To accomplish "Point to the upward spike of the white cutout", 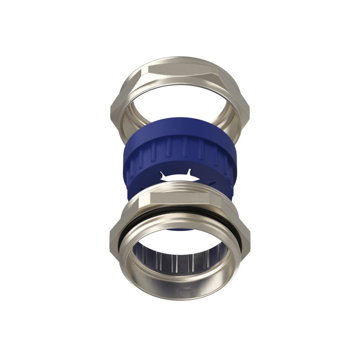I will point(189,171).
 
